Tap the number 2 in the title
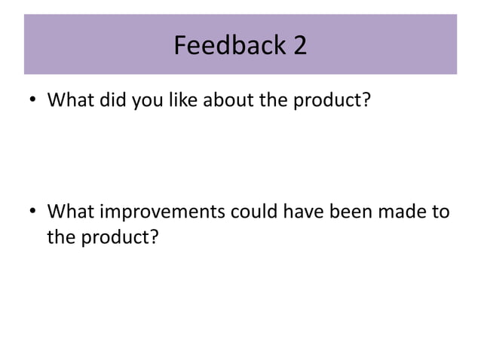pyautogui.click(x=300, y=47)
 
